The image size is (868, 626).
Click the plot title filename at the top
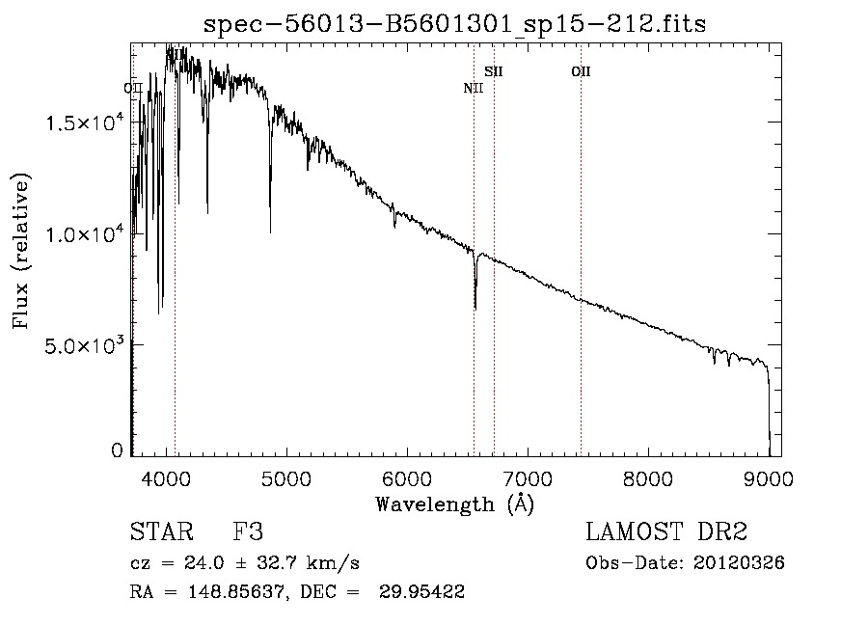pyautogui.click(x=455, y=24)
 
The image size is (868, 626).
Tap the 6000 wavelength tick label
pyautogui.click(x=406, y=476)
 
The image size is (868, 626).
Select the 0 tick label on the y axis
pyautogui.click(x=118, y=450)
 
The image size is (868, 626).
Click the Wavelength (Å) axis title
pyautogui.click(x=455, y=503)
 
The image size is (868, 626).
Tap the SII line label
pyautogui.click(x=494, y=71)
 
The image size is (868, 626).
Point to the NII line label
pyautogui.click(x=473, y=89)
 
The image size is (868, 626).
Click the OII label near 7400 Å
pyautogui.click(x=581, y=71)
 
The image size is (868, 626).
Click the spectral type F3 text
pyautogui.click(x=248, y=532)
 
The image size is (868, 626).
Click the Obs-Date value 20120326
pyautogui.click(x=739, y=563)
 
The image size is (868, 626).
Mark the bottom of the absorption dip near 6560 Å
pyautogui.click(x=475, y=308)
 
